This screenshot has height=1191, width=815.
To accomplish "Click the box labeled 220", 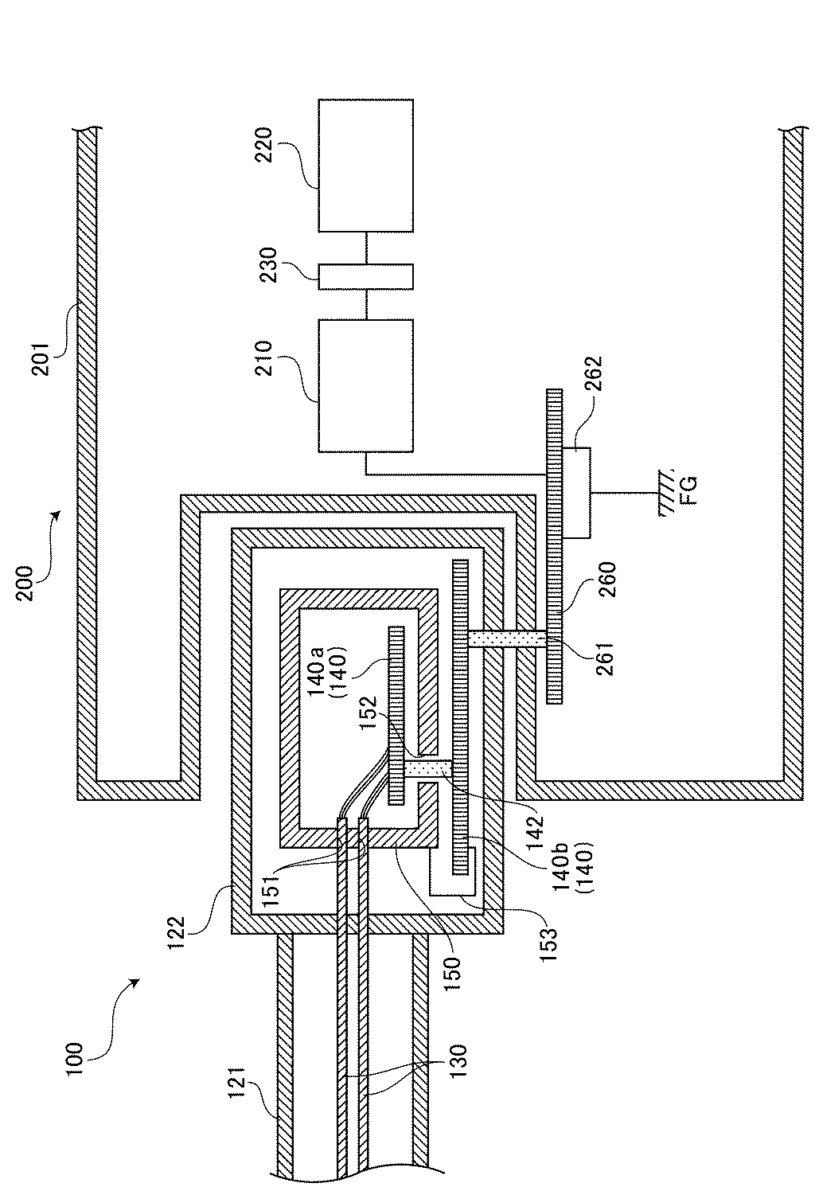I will (365, 165).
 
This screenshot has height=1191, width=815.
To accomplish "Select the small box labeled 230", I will (365, 277).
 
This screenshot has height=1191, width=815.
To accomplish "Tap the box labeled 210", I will (365, 386).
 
